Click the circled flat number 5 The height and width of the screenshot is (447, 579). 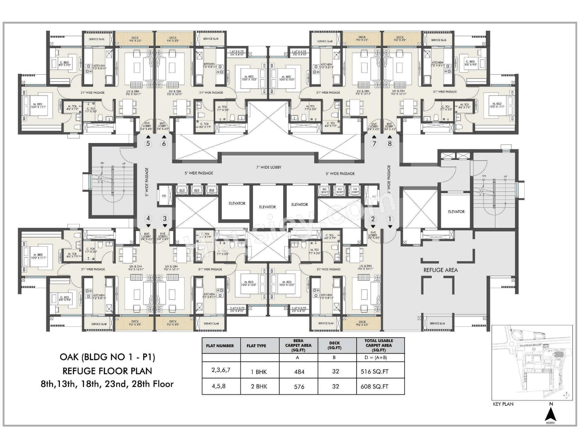(x=148, y=143)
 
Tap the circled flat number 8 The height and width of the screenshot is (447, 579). (x=389, y=143)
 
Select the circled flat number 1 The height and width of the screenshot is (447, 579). (x=389, y=219)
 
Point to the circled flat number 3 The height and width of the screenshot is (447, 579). (x=165, y=218)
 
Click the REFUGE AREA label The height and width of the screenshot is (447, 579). (x=440, y=270)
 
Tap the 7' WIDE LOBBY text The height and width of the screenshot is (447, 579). (x=269, y=167)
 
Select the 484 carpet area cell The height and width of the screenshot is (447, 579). (x=299, y=372)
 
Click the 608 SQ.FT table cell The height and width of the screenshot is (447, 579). (x=374, y=386)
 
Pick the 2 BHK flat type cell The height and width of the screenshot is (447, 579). (x=259, y=386)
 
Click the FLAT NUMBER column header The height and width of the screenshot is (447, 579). (x=220, y=346)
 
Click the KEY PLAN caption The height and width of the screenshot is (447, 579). (x=503, y=404)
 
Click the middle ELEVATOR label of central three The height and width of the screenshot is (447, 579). (x=267, y=207)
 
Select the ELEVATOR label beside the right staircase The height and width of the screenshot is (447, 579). (x=456, y=211)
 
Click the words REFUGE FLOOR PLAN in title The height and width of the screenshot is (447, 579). (x=107, y=371)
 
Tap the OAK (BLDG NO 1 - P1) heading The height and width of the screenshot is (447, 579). (x=107, y=357)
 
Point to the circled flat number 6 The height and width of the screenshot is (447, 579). (x=164, y=143)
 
